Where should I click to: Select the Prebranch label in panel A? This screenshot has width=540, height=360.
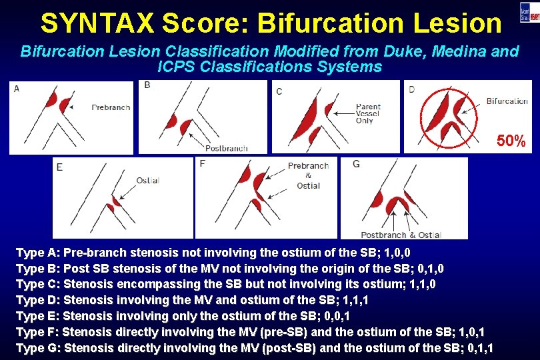(x=111, y=107)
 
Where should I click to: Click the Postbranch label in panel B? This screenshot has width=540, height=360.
(x=227, y=148)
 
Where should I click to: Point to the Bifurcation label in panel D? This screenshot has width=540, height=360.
(x=507, y=101)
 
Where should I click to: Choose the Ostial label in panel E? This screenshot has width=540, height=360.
(x=147, y=181)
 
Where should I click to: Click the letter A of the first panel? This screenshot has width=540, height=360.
(x=16, y=89)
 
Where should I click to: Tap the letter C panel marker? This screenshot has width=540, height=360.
(x=279, y=91)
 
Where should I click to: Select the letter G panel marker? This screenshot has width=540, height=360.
(x=356, y=164)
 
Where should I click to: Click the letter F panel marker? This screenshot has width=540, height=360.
(x=202, y=163)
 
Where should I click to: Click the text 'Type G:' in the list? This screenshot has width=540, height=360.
(x=37, y=347)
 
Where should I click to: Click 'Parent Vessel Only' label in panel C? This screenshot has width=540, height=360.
(x=368, y=113)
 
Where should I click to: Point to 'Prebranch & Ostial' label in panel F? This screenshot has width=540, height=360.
(x=308, y=175)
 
